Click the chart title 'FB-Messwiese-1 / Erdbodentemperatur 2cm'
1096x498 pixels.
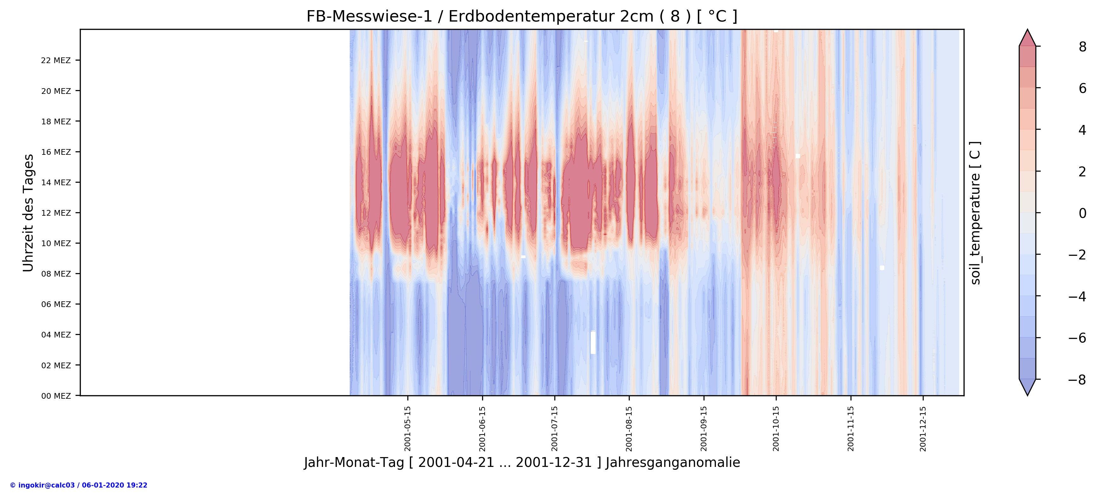coord(522,16)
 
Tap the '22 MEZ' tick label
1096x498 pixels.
coord(56,61)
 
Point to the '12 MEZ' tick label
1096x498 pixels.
coord(56,213)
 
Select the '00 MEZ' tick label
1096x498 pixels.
coord(56,396)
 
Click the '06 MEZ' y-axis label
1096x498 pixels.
coord(56,304)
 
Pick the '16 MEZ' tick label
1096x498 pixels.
coord(56,152)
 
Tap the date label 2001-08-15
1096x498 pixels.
coord(629,428)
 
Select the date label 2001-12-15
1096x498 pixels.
coord(923,428)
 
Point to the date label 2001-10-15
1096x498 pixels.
coord(776,428)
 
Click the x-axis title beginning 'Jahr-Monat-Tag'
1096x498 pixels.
coord(522,463)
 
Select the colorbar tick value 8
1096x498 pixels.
coord(1082,47)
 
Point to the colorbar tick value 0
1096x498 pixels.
coord(1082,213)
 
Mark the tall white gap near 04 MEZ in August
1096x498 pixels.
coord(593,343)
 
